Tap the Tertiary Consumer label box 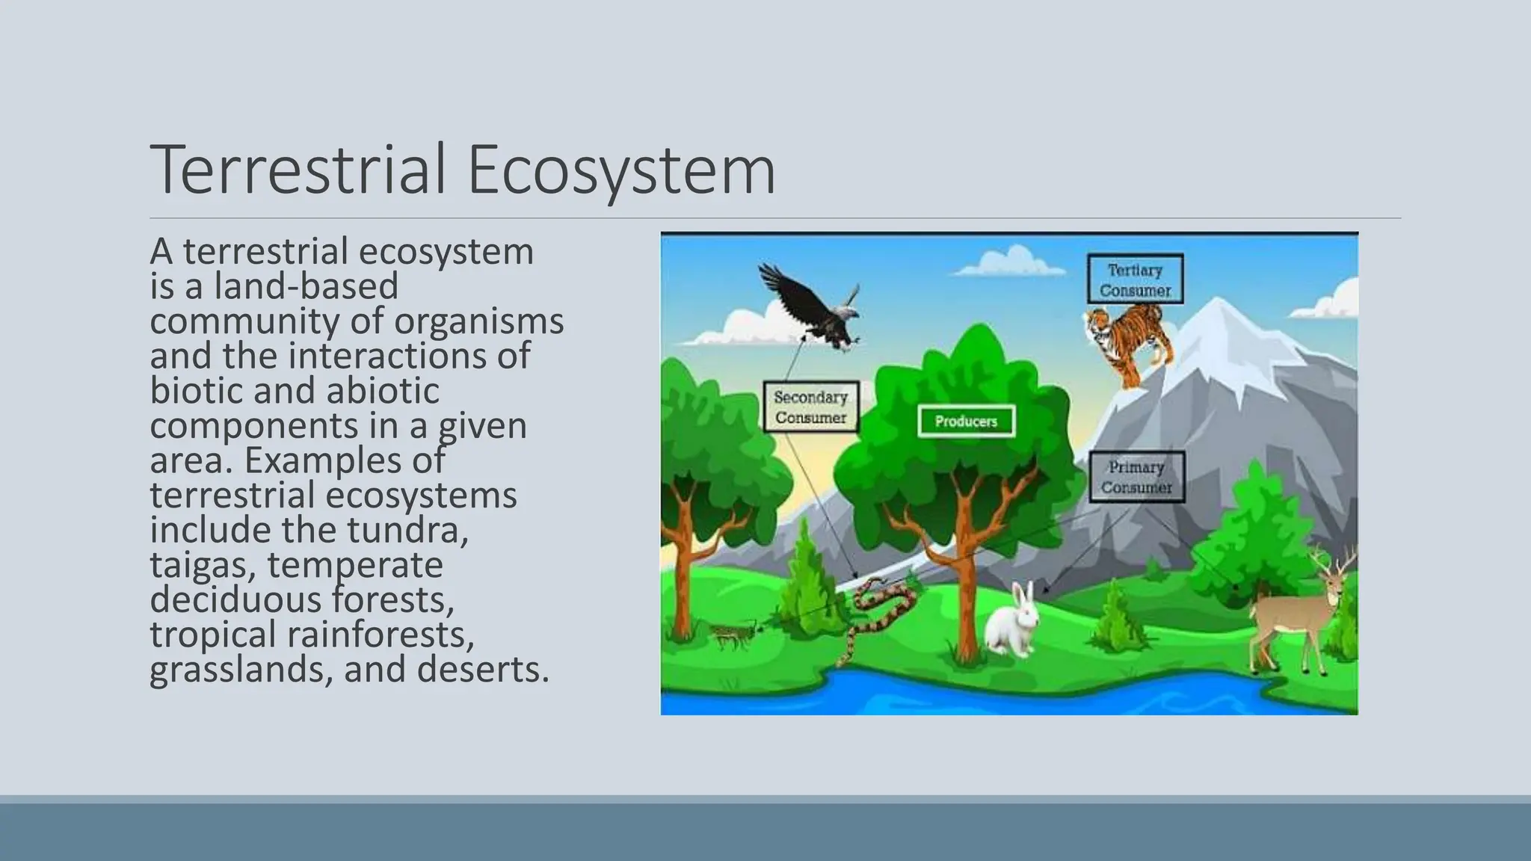point(1135,280)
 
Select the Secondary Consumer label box point(810,407)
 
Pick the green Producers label point(965,422)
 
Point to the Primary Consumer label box point(1136,477)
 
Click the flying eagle point(811,306)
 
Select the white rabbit point(1013,624)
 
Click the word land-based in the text point(306,286)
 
